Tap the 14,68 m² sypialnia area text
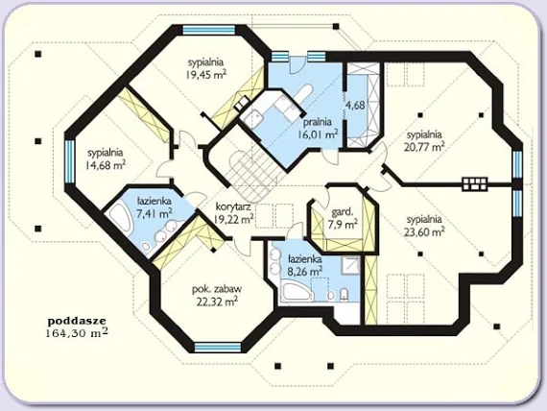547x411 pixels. pyautogui.click(x=106, y=165)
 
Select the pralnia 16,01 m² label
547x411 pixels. pyautogui.click(x=318, y=128)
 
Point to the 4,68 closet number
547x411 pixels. pyautogui.click(x=355, y=105)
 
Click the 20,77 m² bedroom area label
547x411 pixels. pyautogui.click(x=424, y=146)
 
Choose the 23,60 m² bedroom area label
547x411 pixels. pyautogui.click(x=424, y=231)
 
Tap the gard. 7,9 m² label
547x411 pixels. pyautogui.click(x=344, y=218)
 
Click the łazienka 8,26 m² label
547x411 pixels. pyautogui.click(x=305, y=265)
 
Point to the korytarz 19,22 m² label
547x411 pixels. pyautogui.click(x=233, y=212)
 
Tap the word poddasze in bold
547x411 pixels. pyautogui.click(x=77, y=320)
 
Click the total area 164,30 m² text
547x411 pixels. pyautogui.click(x=77, y=333)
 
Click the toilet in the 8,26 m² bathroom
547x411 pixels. pyautogui.click(x=344, y=294)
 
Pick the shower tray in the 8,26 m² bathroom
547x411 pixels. pyautogui.click(x=350, y=265)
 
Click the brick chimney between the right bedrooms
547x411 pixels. pyautogui.click(x=474, y=183)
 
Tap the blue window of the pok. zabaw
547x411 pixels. pyautogui.click(x=217, y=347)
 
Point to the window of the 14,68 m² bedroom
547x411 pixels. pyautogui.click(x=69, y=161)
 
